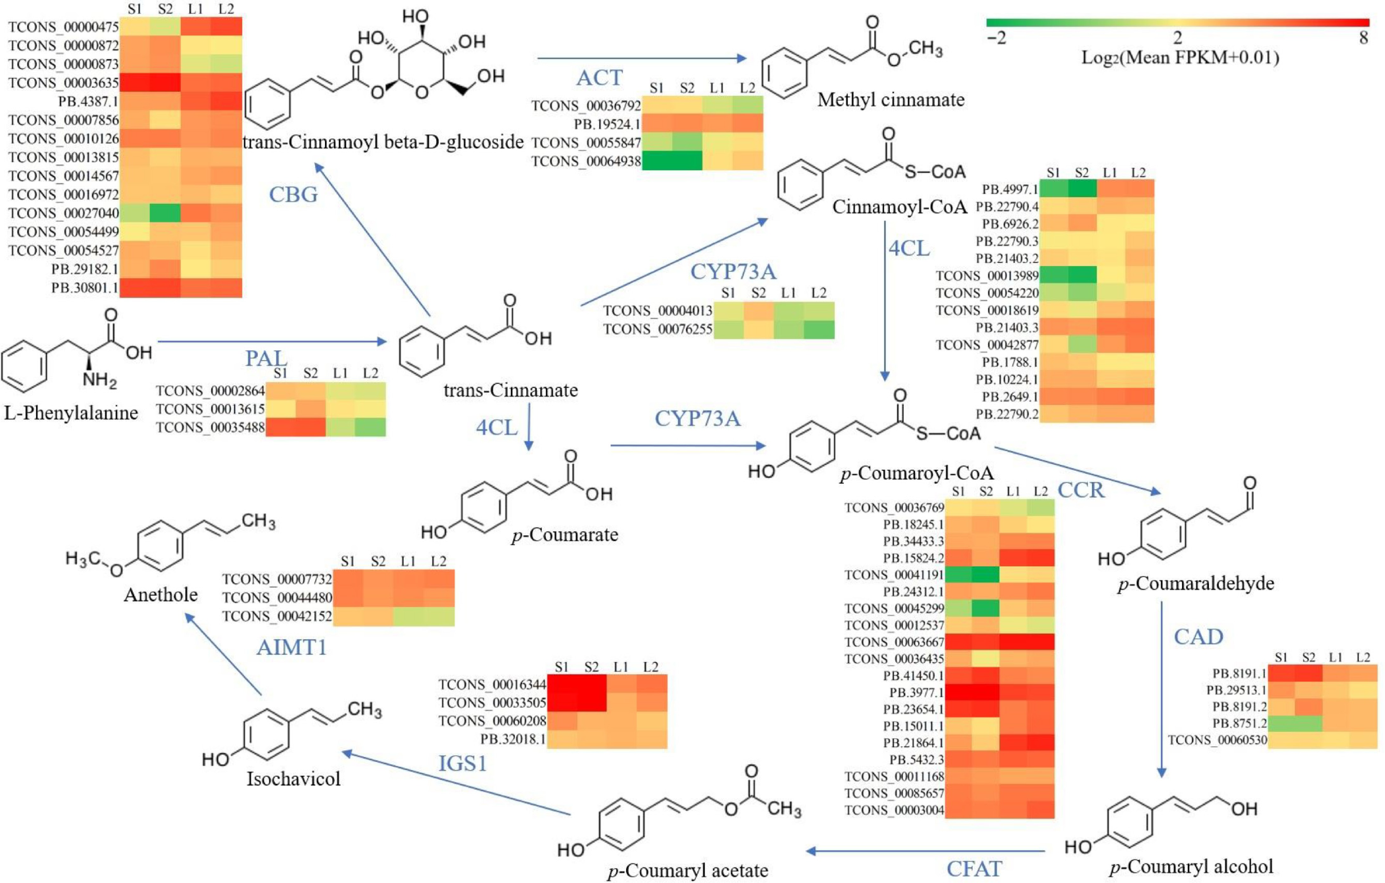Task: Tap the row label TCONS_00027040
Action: click(x=63, y=213)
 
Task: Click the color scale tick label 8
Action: click(x=1363, y=38)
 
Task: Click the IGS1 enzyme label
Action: click(x=462, y=764)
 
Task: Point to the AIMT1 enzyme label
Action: click(x=292, y=647)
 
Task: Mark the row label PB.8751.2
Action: click(x=1240, y=723)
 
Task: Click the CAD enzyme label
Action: click(x=1198, y=637)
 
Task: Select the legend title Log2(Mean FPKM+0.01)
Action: click(x=1180, y=57)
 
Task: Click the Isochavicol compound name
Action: click(x=293, y=779)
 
